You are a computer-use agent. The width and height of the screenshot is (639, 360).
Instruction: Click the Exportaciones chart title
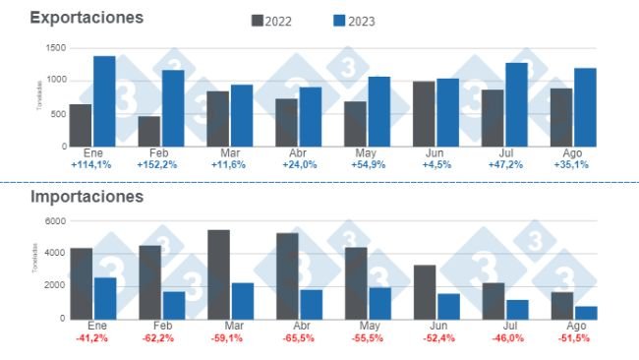pyautogui.click(x=87, y=18)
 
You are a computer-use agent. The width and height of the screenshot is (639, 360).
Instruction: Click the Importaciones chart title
pyautogui.click(x=87, y=197)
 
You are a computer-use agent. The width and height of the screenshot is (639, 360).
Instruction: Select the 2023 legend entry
pyautogui.click(x=352, y=21)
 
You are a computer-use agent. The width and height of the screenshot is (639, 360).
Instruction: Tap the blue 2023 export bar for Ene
pyautogui.click(x=104, y=101)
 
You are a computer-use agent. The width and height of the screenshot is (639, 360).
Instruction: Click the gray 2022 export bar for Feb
pyautogui.click(x=149, y=131)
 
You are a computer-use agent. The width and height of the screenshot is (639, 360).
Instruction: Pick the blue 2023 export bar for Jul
pyautogui.click(x=517, y=104)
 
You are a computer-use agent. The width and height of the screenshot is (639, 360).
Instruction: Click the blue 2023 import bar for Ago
pyautogui.click(x=586, y=313)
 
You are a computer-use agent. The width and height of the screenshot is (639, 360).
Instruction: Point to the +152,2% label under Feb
pyautogui.click(x=160, y=165)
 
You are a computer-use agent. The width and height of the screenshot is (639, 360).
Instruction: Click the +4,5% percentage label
pyautogui.click(x=436, y=165)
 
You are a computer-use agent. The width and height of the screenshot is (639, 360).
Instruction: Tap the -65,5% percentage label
pyautogui.click(x=298, y=338)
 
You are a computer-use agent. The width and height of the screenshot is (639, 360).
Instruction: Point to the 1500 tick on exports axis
pyautogui.click(x=54, y=48)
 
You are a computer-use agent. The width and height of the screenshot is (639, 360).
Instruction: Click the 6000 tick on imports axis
pyautogui.click(x=54, y=221)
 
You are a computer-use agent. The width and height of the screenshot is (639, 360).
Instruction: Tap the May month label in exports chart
pyautogui.click(x=368, y=154)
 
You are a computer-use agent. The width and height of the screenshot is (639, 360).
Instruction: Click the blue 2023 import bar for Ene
pyautogui.click(x=105, y=298)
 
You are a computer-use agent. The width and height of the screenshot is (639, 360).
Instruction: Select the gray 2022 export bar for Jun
pyautogui.click(x=424, y=114)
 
